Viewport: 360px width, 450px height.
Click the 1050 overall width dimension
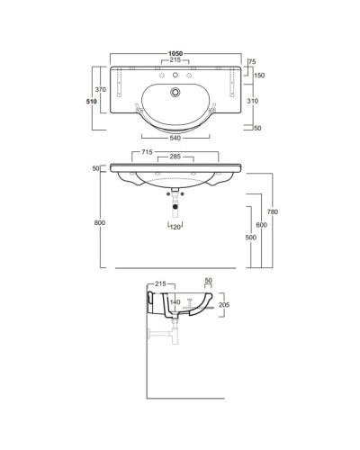coord(175,53)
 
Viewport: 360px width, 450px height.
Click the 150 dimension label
coord(259,75)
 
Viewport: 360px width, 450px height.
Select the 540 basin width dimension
coord(175,138)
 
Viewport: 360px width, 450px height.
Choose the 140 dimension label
coord(176,302)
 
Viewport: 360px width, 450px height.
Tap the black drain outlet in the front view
coord(175,209)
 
